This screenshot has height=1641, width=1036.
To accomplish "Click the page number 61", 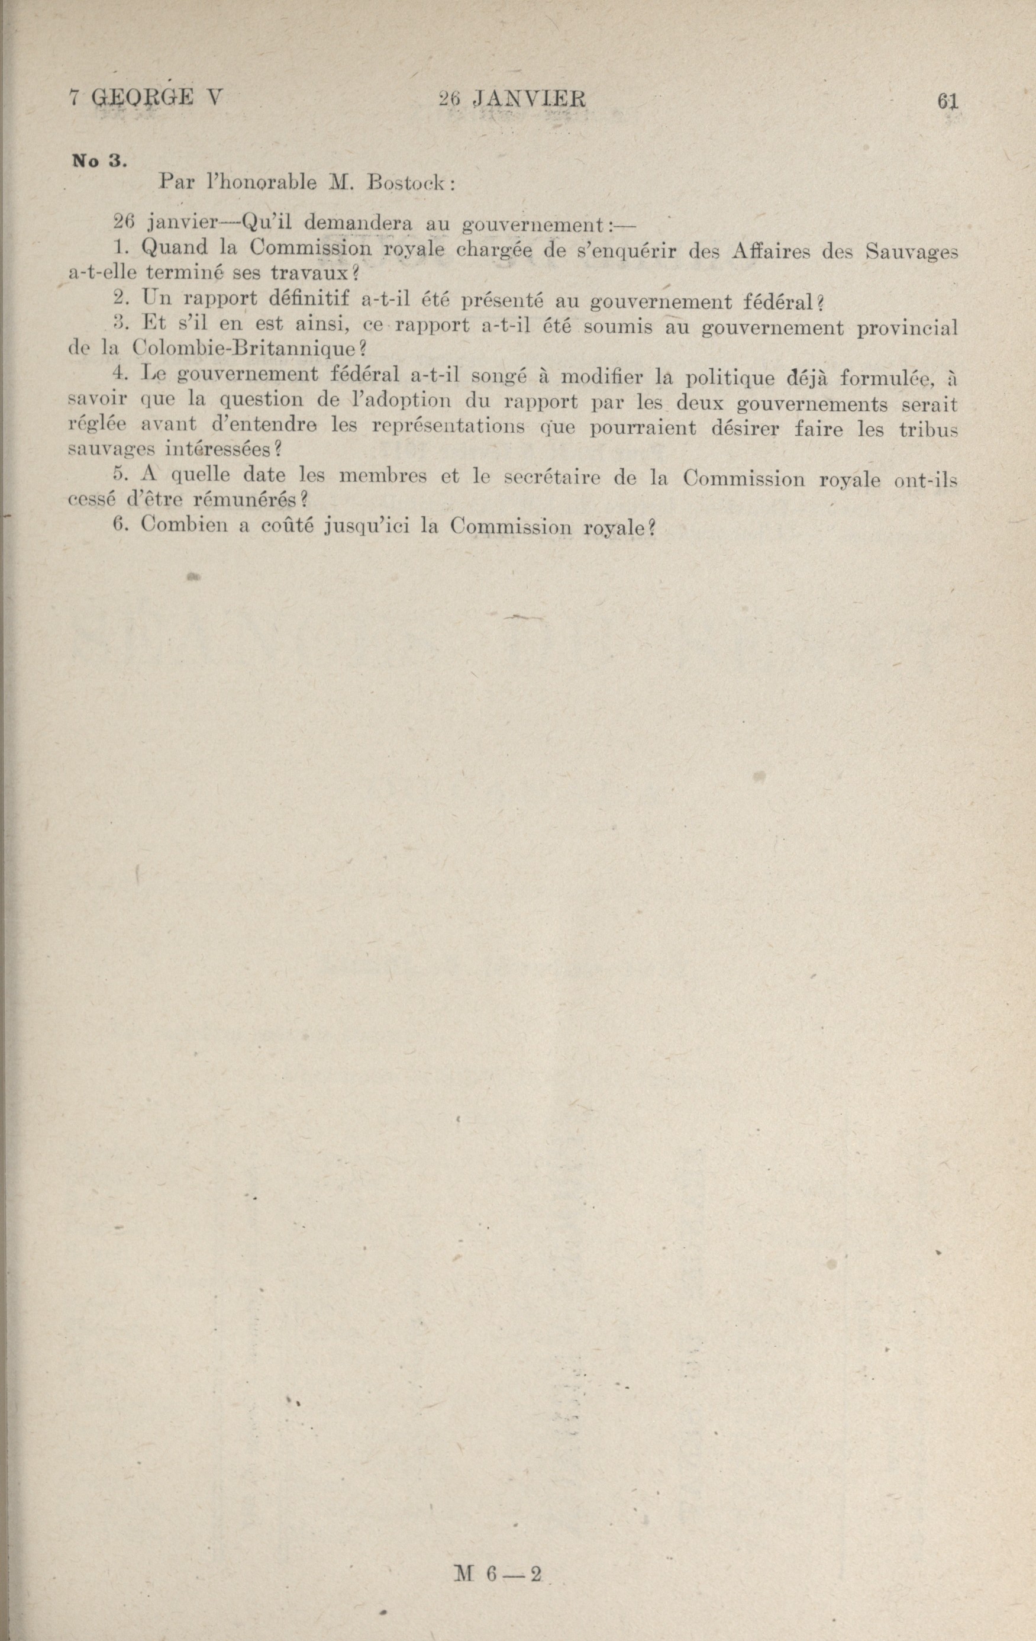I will tap(947, 101).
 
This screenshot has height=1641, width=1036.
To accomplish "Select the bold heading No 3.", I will tap(98, 162).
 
